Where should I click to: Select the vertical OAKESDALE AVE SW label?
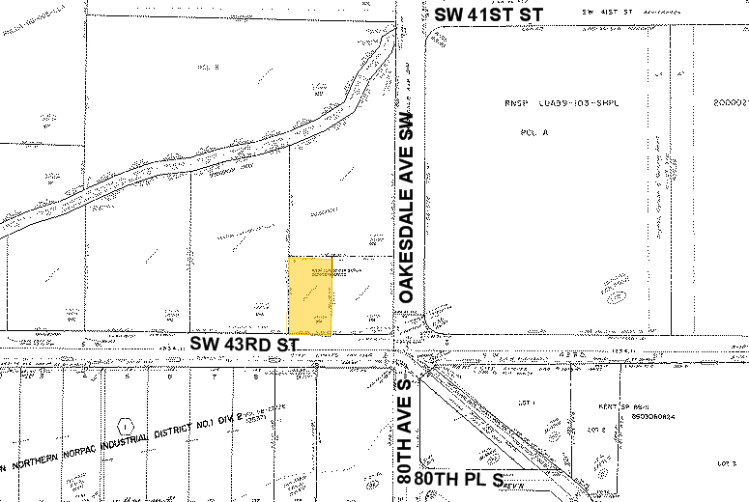pyautogui.click(x=407, y=207)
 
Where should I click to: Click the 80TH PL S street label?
pyautogui.click(x=460, y=479)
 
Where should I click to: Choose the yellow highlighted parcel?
pyautogui.click(x=311, y=295)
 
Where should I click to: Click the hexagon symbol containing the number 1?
pyautogui.click(x=125, y=424)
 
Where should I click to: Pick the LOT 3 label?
pyautogui.click(x=726, y=463)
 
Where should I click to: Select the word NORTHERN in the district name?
pyautogui.click(x=46, y=463)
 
